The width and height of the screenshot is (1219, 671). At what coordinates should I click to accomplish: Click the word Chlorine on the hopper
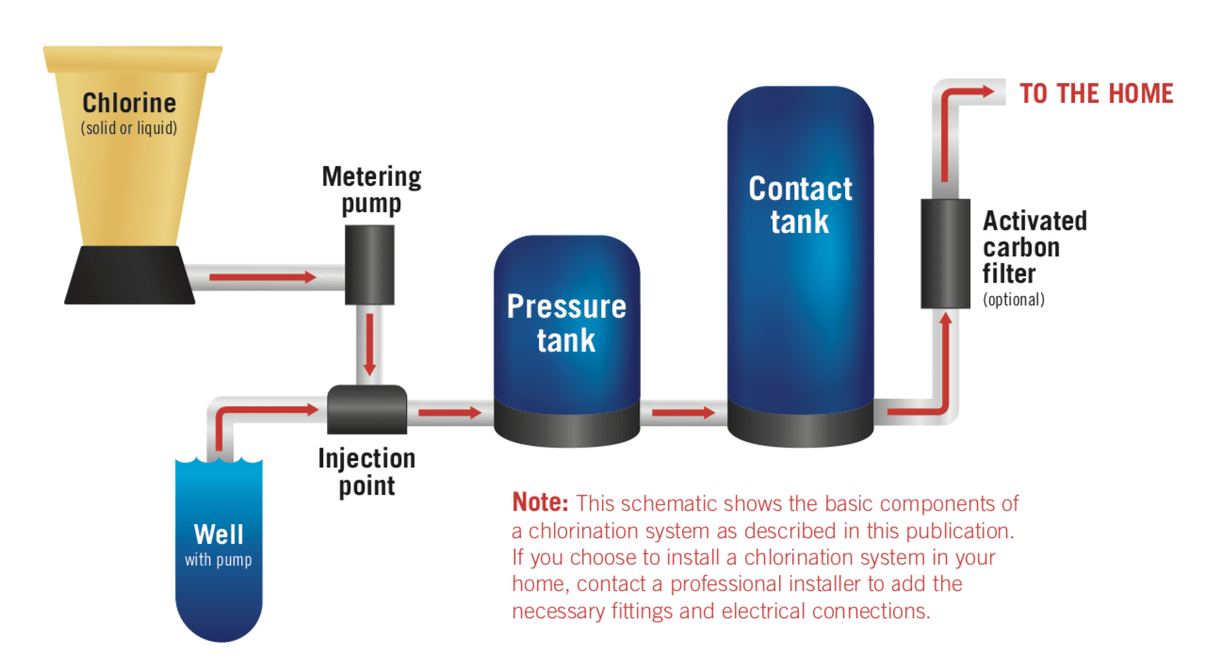pyautogui.click(x=129, y=103)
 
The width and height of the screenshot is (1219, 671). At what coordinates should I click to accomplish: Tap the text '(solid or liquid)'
pyautogui.click(x=129, y=127)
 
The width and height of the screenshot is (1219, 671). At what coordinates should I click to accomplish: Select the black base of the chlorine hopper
pyautogui.click(x=130, y=276)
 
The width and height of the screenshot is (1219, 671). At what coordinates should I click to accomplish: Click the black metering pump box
pyautogui.click(x=369, y=264)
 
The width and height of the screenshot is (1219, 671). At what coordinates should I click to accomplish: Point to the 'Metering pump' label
pyautogui.click(x=371, y=189)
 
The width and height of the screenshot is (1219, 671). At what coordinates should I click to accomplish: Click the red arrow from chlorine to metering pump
pyautogui.click(x=263, y=277)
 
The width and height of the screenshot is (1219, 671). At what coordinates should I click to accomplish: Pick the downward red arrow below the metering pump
pyautogui.click(x=369, y=344)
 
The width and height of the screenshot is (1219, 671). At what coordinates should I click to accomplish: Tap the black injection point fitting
pyautogui.click(x=367, y=411)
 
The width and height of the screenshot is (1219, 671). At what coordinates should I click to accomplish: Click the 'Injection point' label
pyautogui.click(x=366, y=471)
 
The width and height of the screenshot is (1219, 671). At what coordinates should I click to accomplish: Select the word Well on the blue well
pyautogui.click(x=219, y=534)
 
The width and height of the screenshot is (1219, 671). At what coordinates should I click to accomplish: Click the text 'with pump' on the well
pyautogui.click(x=219, y=560)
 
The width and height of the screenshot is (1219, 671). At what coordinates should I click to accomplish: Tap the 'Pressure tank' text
pyautogui.click(x=566, y=322)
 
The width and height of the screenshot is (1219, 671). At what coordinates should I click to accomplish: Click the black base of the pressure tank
pyautogui.click(x=566, y=423)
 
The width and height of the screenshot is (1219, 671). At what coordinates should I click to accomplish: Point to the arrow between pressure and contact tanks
pyautogui.click(x=683, y=412)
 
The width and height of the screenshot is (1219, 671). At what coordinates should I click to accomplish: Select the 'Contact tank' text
pyautogui.click(x=800, y=205)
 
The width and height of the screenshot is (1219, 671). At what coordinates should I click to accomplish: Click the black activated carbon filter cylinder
pyautogui.click(x=945, y=254)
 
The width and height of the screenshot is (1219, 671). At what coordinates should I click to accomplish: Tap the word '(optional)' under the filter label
pyautogui.click(x=1014, y=300)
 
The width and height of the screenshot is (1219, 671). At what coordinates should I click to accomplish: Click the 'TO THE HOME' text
pyautogui.click(x=1097, y=93)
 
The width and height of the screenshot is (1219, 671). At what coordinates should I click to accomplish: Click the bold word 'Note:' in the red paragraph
pyautogui.click(x=541, y=502)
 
